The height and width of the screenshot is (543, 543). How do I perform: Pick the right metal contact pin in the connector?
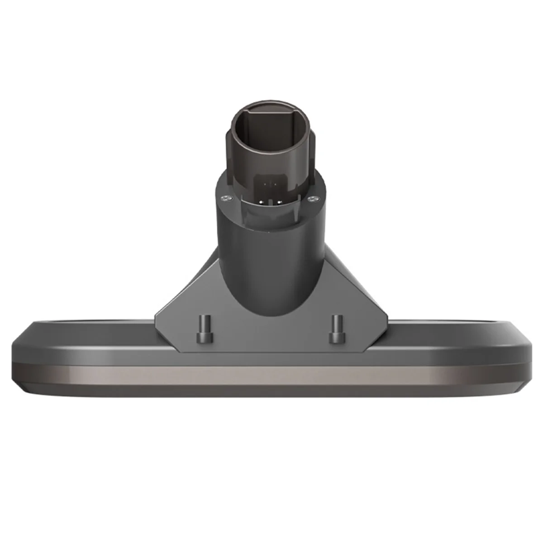279,202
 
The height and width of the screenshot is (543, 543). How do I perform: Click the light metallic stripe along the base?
271,375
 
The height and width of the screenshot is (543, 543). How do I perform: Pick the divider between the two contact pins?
271,202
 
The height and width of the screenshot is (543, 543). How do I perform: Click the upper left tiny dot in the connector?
265,184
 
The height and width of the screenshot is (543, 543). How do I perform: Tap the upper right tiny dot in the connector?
276,184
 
